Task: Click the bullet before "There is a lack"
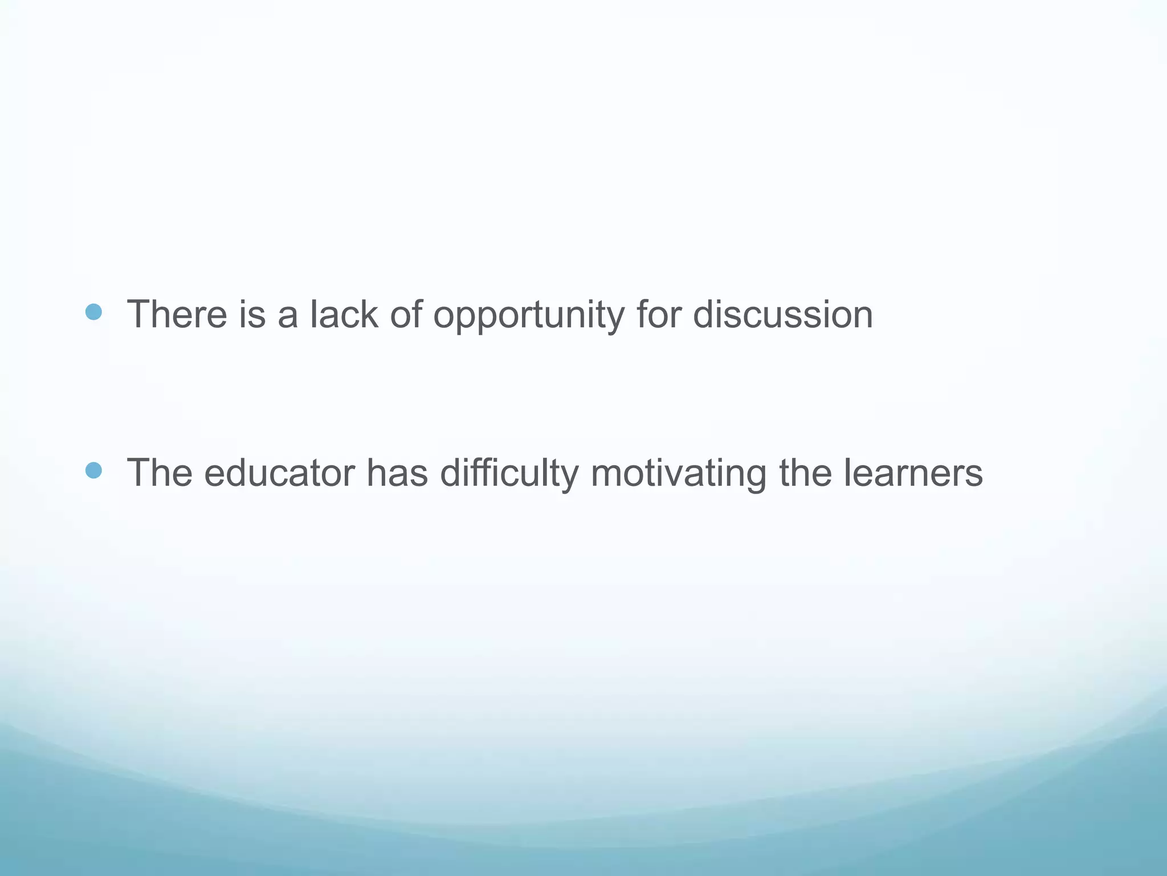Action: (93, 312)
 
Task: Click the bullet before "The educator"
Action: (93, 471)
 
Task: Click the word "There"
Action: (177, 314)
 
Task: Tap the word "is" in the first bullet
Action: (252, 314)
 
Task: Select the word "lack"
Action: (344, 314)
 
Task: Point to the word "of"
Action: (406, 314)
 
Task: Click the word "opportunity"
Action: (529, 317)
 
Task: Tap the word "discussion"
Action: (783, 314)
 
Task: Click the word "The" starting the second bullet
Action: (160, 473)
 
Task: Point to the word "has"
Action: (397, 473)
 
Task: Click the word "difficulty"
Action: (509, 474)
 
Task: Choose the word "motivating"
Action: (678, 474)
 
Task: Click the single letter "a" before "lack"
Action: (288, 317)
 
